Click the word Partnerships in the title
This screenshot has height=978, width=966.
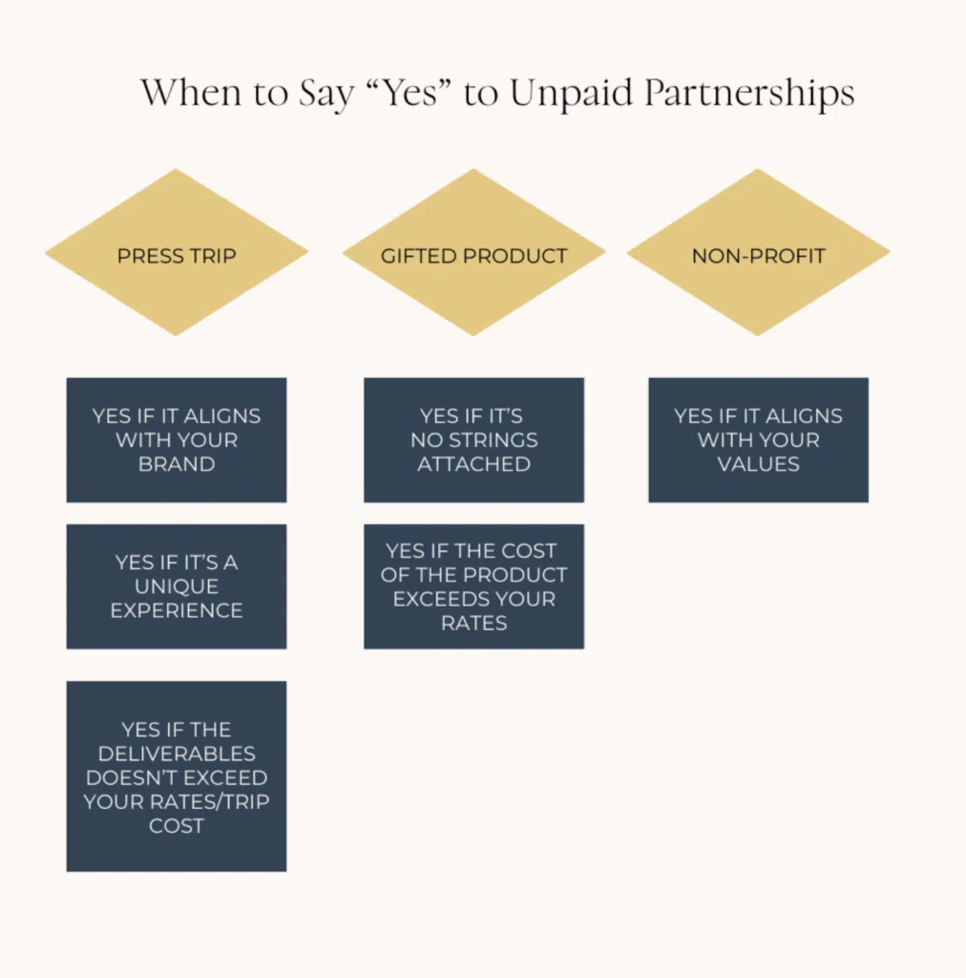pyautogui.click(x=748, y=94)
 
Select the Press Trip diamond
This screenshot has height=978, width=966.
pyautogui.click(x=177, y=254)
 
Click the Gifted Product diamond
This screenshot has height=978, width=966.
pyautogui.click(x=473, y=254)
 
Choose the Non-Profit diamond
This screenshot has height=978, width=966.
pyautogui.click(x=758, y=254)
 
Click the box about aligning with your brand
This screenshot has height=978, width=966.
pyautogui.click(x=177, y=439)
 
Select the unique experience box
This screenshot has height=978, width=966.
pyautogui.click(x=177, y=585)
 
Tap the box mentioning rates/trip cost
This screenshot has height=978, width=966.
pyautogui.click(x=177, y=776)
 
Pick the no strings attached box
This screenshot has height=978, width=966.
pyautogui.click(x=473, y=439)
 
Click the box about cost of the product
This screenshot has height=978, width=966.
pyautogui.click(x=473, y=585)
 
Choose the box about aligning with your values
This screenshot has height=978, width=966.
pyautogui.click(x=758, y=439)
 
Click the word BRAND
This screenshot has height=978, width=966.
pyautogui.click(x=177, y=464)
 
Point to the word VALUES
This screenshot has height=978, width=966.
pyautogui.click(x=759, y=464)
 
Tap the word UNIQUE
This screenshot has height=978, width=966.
pyautogui.click(x=177, y=586)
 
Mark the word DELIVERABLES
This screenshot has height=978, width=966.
pyautogui.click(x=177, y=754)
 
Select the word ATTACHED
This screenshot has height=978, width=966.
pyautogui.click(x=473, y=464)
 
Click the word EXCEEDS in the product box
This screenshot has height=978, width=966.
pyautogui.click(x=473, y=599)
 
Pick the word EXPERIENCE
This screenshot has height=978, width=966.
pyautogui.click(x=177, y=610)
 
